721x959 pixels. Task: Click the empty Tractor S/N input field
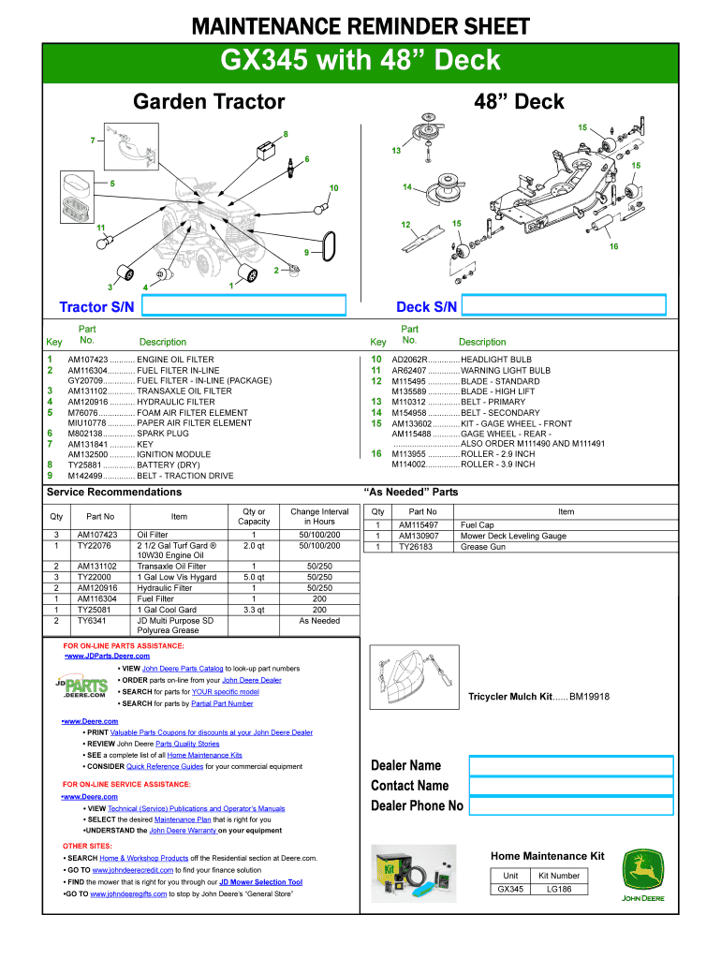point(243,306)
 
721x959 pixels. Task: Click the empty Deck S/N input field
point(565,306)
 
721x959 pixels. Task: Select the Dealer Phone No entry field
point(570,805)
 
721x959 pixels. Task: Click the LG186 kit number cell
point(559,889)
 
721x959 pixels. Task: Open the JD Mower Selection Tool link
point(260,882)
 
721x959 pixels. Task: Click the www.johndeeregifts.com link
point(128,894)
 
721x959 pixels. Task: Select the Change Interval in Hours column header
point(318,516)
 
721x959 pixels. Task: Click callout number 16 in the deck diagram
point(613,246)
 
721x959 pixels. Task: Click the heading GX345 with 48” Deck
point(360,62)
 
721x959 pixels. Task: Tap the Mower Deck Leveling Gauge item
point(513,537)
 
